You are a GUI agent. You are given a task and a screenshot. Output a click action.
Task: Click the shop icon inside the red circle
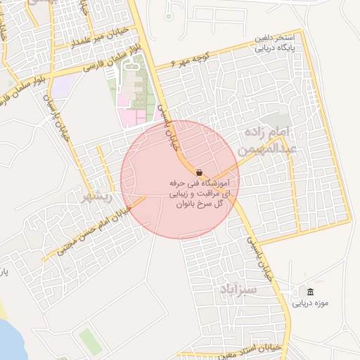coord(199,172)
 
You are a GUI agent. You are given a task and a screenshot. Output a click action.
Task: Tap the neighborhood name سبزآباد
coord(238,289)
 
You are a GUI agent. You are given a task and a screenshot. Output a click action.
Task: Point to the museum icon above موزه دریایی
coord(311,291)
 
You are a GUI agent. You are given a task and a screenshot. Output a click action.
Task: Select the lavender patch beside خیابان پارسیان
coord(65,85)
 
